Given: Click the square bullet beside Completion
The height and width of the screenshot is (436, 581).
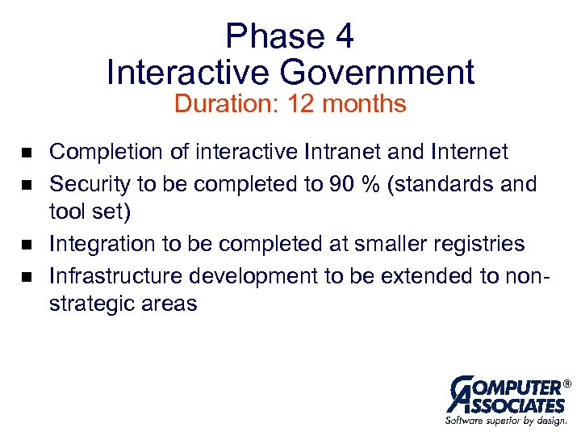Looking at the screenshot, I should [x=26, y=153].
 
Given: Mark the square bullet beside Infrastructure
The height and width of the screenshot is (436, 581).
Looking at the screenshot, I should [x=26, y=276].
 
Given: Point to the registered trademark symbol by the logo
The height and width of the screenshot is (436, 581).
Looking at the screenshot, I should [x=566, y=383].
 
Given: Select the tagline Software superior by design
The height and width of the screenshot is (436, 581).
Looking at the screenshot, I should [x=506, y=421].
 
